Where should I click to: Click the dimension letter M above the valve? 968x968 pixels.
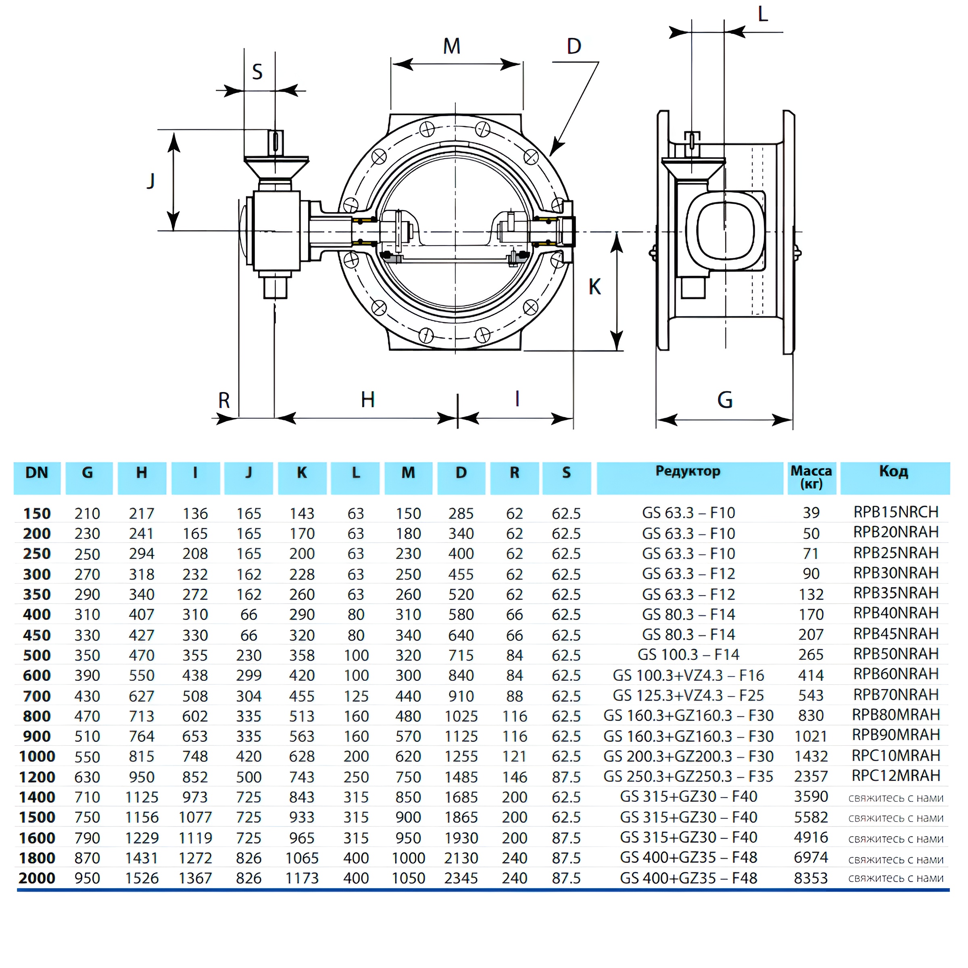click(451, 47)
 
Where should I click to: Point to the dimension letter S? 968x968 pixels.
click(257, 72)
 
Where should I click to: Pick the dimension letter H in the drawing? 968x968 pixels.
click(367, 400)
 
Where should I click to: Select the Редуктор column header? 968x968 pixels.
click(688, 471)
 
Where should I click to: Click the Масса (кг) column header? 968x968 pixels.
click(811, 477)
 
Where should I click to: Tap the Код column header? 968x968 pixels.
click(893, 471)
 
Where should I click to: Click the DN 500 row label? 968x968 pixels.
click(37, 655)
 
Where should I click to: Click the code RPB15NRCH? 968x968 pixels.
click(896, 512)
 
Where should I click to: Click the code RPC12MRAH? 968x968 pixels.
click(896, 776)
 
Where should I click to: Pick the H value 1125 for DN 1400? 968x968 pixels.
click(142, 797)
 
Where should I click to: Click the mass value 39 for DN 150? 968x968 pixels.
click(811, 513)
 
